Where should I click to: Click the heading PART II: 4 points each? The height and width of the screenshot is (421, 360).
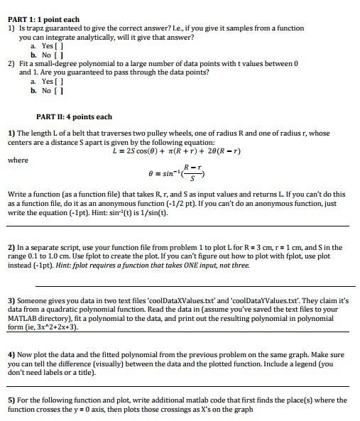click(74, 116)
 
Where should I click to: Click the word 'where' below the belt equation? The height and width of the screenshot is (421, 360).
click(18, 160)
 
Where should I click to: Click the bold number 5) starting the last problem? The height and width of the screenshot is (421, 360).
click(11, 400)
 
